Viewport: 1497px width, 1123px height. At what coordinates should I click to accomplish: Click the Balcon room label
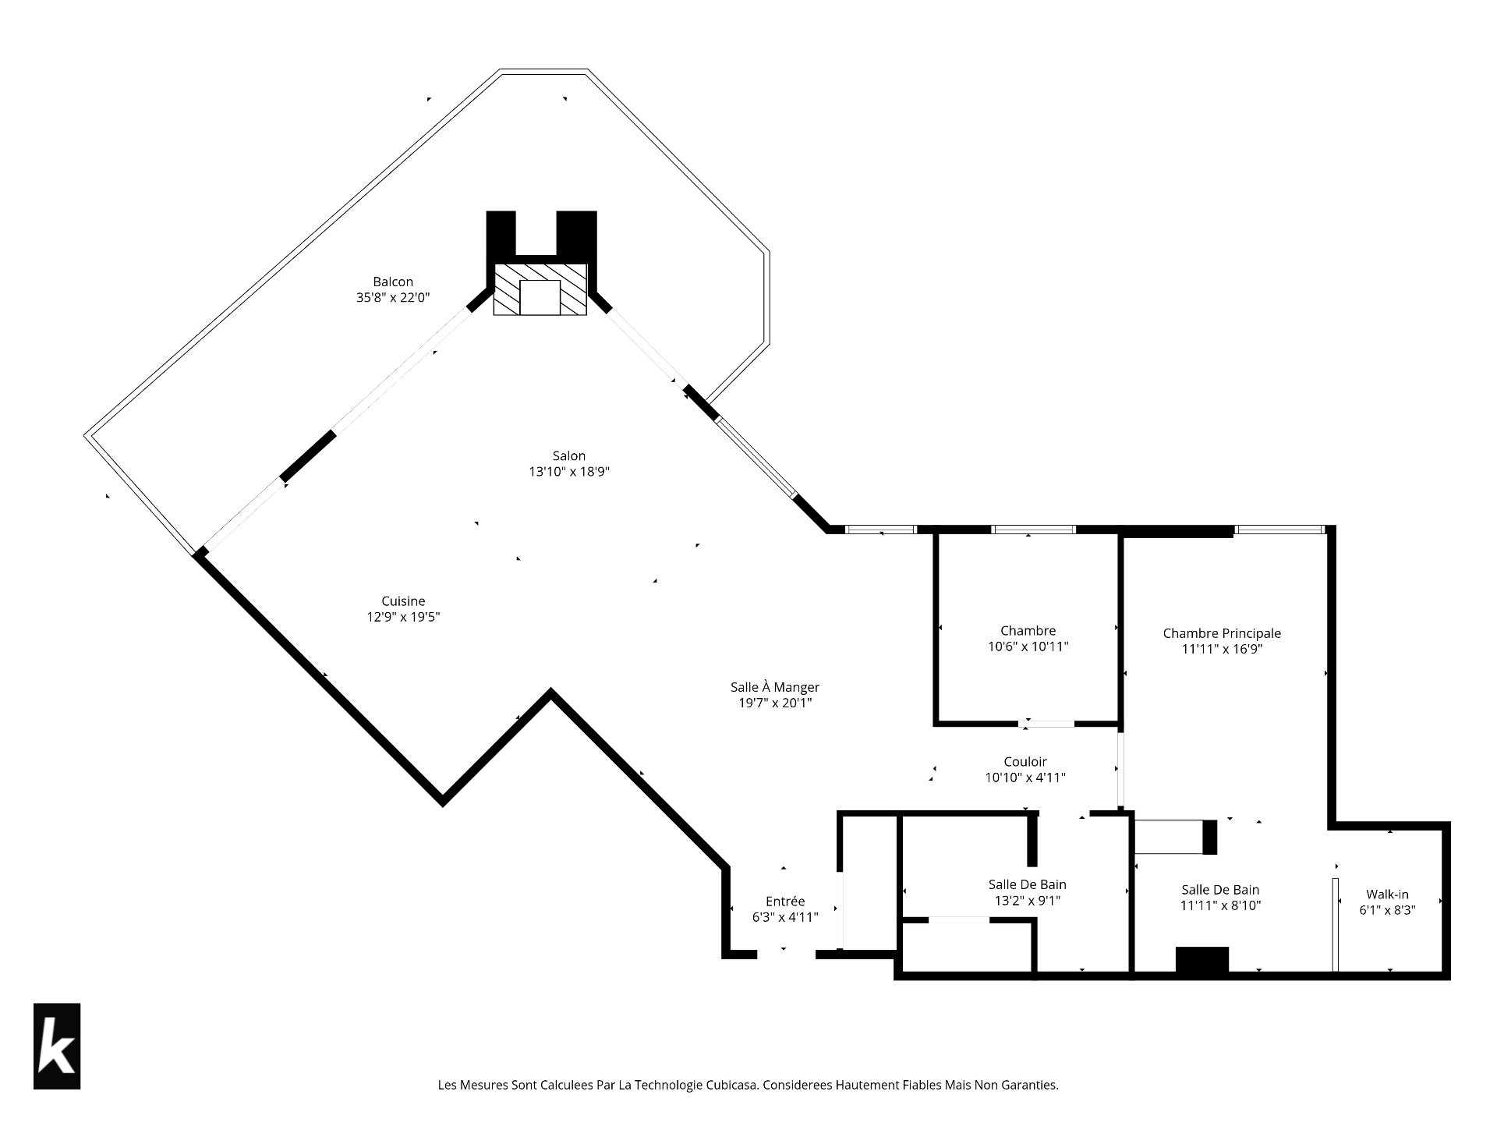coord(393,282)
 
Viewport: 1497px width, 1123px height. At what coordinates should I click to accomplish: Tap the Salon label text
coord(568,455)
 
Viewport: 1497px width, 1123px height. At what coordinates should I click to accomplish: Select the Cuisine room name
coord(403,600)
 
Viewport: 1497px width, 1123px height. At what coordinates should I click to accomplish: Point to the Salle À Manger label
coord(775,687)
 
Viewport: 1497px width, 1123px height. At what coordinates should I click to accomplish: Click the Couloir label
coord(1025,761)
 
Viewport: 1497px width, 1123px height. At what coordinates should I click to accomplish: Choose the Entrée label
coord(785,901)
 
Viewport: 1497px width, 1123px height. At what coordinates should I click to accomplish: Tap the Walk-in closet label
coord(1387,895)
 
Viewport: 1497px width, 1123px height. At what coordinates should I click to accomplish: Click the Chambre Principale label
coord(1222,633)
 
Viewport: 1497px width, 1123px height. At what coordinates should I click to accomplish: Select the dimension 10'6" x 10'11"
coord(1028,647)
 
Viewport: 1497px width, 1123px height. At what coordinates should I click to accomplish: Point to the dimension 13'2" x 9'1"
coord(1027,901)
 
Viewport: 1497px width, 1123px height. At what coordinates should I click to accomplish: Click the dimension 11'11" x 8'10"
coord(1220,905)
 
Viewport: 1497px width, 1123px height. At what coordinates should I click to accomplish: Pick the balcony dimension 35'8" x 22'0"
coord(393,297)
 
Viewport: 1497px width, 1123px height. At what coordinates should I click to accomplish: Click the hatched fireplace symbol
coord(540,289)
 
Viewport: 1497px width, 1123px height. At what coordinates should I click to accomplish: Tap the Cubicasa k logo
coord(57,1046)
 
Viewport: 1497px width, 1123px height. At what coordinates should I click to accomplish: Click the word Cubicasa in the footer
coord(731,1085)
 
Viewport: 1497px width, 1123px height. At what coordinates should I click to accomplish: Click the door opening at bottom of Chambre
coord(1046,724)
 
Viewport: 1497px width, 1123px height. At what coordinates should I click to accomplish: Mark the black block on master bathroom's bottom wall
coord(1202,959)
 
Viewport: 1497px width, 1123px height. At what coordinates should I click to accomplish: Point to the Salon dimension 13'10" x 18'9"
coord(568,472)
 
